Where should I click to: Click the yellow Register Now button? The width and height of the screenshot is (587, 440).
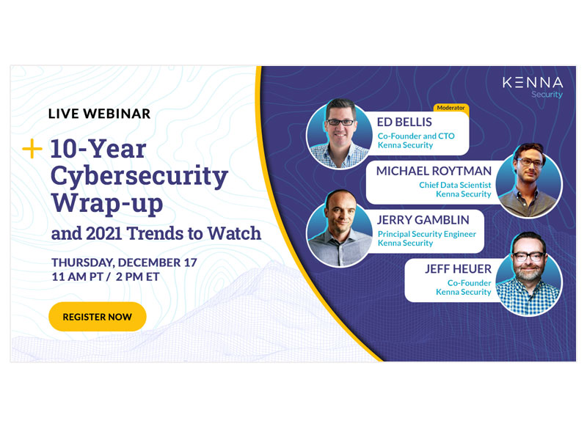[x=98, y=317]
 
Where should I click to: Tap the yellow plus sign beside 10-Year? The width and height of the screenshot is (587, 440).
[x=32, y=149]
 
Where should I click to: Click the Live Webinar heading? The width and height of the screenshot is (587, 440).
[x=99, y=114]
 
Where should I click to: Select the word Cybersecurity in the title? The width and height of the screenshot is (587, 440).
[x=139, y=176]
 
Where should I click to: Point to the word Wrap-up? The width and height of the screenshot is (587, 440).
[x=107, y=204]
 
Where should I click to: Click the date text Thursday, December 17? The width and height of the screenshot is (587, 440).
[x=124, y=263]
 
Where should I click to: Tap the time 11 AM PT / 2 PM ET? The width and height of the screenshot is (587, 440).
[x=106, y=277]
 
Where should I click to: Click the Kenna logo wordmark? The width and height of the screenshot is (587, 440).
[x=533, y=83]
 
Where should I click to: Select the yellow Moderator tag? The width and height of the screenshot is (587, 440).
[x=451, y=108]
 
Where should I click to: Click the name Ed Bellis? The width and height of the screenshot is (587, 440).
[x=404, y=122]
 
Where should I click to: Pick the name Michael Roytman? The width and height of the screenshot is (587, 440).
[x=434, y=171]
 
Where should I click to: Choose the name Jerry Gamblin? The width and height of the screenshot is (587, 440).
[x=423, y=220]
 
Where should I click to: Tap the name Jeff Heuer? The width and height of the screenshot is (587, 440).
[x=458, y=269]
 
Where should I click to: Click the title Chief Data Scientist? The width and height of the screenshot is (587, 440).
[x=455, y=185]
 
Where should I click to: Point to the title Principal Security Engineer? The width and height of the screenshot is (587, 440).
[x=427, y=234]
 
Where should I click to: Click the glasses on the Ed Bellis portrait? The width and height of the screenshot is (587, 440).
[x=340, y=122]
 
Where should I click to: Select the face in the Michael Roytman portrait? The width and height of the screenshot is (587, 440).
[x=529, y=167]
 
